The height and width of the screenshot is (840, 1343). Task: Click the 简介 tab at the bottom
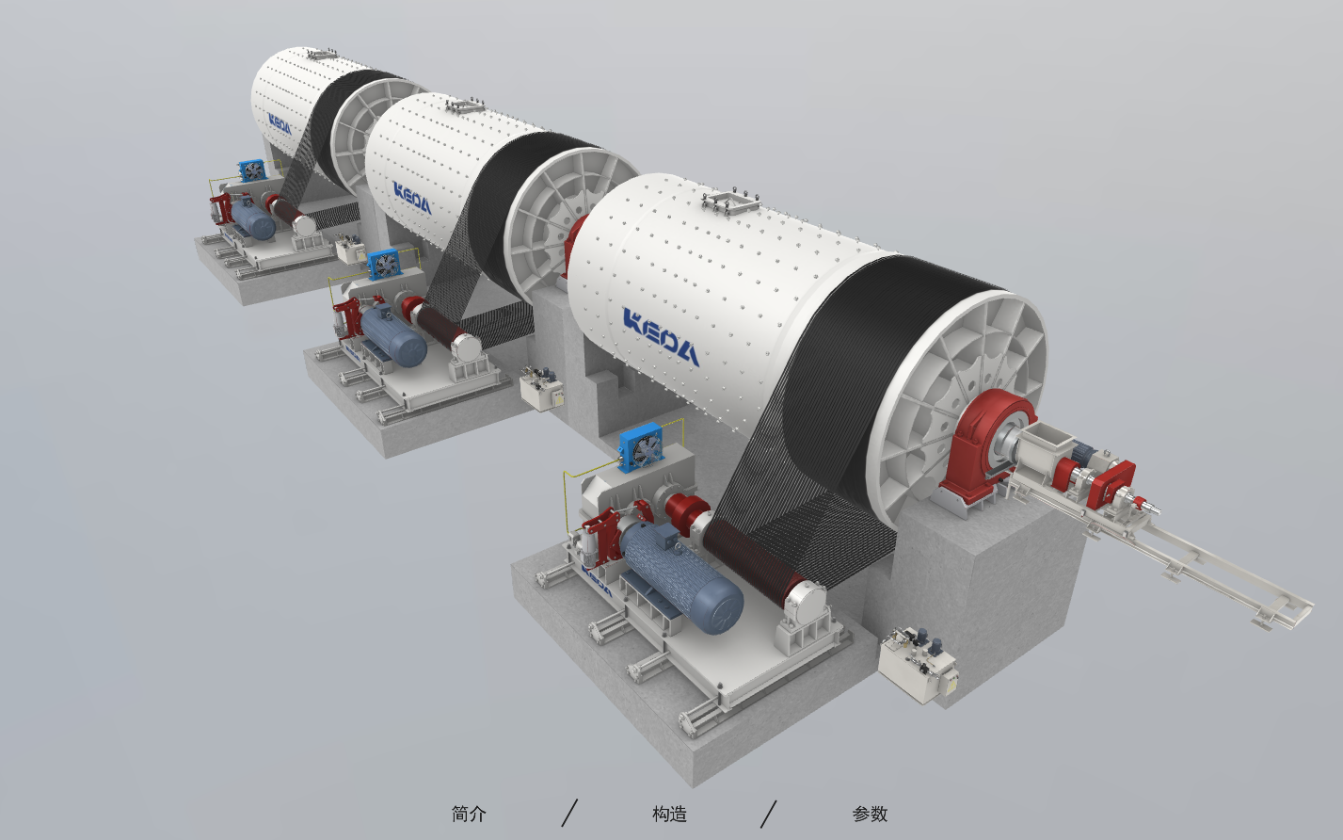pos(469,815)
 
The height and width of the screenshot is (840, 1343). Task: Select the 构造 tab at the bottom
pos(669,815)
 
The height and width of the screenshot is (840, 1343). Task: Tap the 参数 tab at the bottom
pos(870,815)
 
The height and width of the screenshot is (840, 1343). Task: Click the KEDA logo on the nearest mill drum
pos(661,336)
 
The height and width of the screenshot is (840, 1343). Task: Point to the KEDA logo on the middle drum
pos(412,198)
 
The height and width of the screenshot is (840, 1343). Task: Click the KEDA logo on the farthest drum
pos(280,124)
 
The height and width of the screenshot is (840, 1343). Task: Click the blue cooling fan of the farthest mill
pos(252,170)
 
